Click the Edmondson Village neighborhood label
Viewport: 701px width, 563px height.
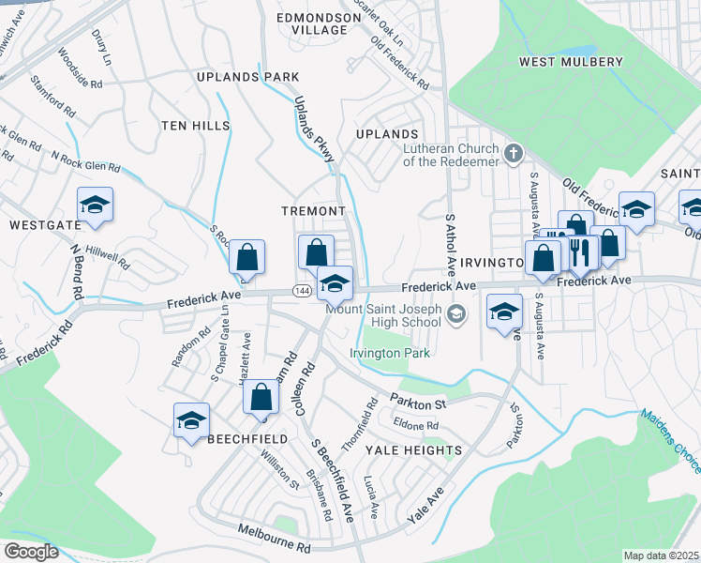click(312, 23)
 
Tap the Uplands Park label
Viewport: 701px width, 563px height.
click(247, 76)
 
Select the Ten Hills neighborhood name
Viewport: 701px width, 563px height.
click(194, 125)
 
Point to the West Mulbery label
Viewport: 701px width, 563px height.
click(571, 62)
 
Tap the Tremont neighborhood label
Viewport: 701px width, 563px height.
click(314, 211)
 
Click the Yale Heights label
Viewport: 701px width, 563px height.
click(413, 450)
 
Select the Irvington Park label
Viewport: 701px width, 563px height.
click(390, 353)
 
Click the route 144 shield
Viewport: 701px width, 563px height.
click(302, 292)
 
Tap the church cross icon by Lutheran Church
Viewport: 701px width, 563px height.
click(513, 153)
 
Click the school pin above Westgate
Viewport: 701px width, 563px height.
click(95, 205)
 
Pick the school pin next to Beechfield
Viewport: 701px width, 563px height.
click(191, 419)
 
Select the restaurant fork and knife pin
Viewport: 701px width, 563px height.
click(579, 252)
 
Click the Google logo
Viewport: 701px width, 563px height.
click(31, 552)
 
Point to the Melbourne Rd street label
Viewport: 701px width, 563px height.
click(273, 539)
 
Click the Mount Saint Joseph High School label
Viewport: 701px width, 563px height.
click(383, 315)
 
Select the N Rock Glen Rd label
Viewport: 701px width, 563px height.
click(85, 161)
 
